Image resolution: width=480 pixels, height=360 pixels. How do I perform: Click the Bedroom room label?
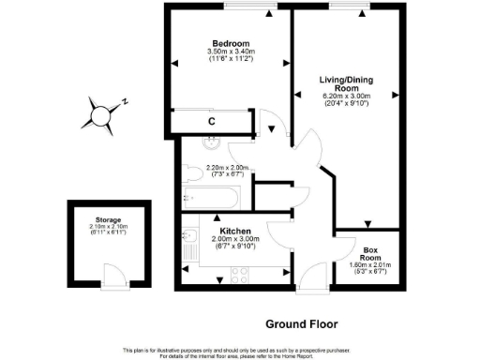click(x=231, y=43)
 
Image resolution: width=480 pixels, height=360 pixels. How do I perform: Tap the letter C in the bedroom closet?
click(x=212, y=122)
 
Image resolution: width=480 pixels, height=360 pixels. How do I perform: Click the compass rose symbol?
click(x=99, y=115)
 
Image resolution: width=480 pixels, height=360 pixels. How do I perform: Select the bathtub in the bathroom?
click(x=212, y=197)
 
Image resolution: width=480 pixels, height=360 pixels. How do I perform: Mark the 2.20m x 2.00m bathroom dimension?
click(x=226, y=168)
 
